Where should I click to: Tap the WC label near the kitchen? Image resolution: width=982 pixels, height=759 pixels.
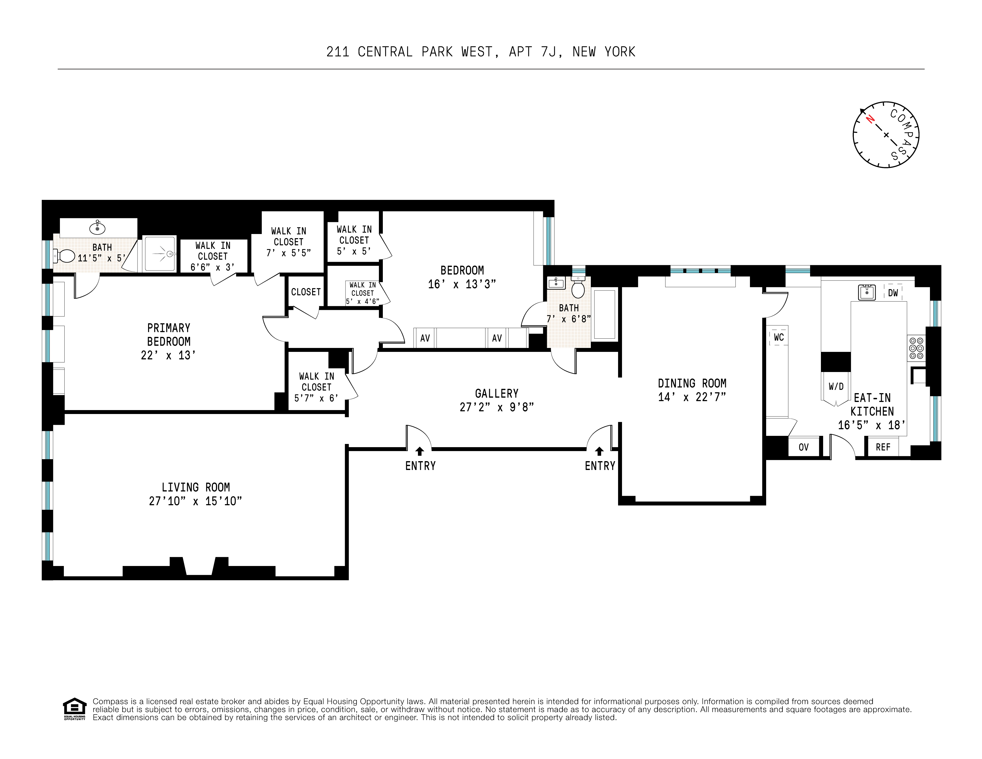tap(779, 337)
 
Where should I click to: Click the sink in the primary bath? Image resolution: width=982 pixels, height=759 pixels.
tap(97, 228)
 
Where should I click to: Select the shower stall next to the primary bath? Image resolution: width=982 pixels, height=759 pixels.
tap(160, 254)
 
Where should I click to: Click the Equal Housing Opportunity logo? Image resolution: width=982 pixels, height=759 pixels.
tap(74, 709)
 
